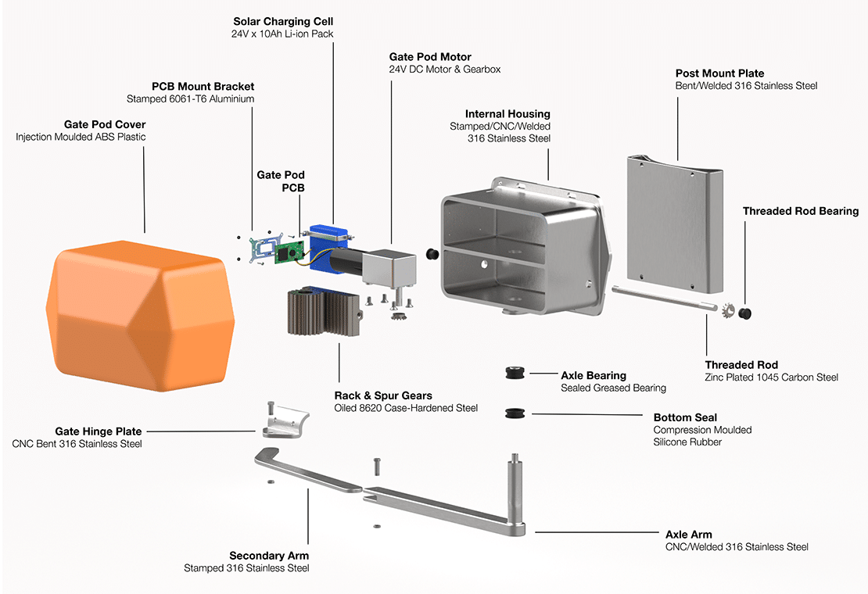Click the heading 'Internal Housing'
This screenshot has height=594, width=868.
pos(508,114)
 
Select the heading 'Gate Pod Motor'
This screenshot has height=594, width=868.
pos(430,57)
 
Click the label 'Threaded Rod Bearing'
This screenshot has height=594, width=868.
pos(800,211)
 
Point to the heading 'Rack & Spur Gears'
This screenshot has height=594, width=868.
pos(383,395)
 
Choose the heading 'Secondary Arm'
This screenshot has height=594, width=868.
pos(269,556)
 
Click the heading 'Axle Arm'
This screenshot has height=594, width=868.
pos(688,535)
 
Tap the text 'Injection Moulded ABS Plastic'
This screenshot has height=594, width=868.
pos(81,137)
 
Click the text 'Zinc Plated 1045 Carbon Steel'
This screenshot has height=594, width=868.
pos(771,378)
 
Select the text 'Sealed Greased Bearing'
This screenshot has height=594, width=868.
pos(613,388)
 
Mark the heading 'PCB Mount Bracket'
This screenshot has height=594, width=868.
pos(203,86)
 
